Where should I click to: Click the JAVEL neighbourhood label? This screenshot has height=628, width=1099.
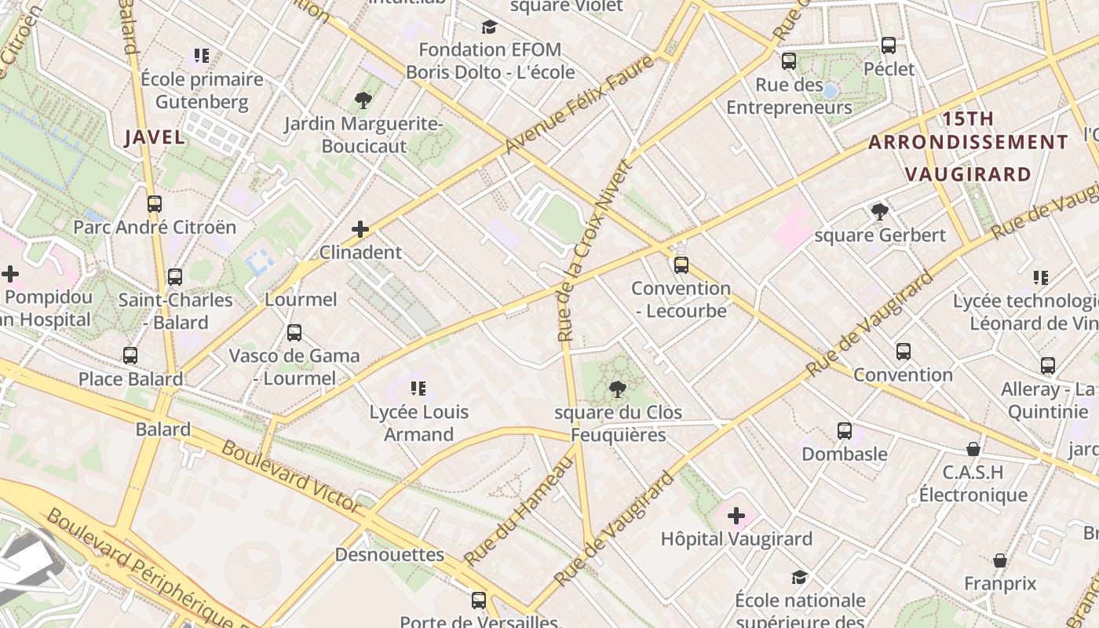[155, 137]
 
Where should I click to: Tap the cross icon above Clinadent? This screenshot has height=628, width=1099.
[360, 229]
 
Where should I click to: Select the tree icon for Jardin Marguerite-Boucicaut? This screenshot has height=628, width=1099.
[363, 100]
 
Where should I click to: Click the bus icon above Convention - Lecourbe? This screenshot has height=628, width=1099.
[681, 265]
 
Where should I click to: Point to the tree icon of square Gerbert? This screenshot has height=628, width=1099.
[879, 212]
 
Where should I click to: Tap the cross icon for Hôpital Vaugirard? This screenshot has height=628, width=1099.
[736, 516]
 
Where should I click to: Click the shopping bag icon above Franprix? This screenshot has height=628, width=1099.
[1000, 560]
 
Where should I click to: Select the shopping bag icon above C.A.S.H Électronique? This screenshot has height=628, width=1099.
[973, 449]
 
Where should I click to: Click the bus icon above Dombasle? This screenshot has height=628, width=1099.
[845, 431]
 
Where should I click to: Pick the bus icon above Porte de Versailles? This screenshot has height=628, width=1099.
[479, 601]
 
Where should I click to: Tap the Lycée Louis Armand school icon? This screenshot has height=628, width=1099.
[418, 389]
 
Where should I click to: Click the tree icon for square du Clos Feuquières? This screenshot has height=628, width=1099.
[618, 389]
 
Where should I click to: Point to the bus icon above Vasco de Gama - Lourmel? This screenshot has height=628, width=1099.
[294, 333]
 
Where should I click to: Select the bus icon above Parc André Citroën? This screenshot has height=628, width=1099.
[155, 204]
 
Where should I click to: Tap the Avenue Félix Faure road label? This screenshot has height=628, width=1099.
[579, 104]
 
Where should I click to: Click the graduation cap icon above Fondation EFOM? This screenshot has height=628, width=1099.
[490, 27]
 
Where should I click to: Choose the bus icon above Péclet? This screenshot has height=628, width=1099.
[889, 46]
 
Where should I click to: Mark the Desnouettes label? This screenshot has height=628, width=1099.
[389, 555]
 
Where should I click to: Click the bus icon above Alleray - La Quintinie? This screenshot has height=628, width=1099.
[1048, 366]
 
